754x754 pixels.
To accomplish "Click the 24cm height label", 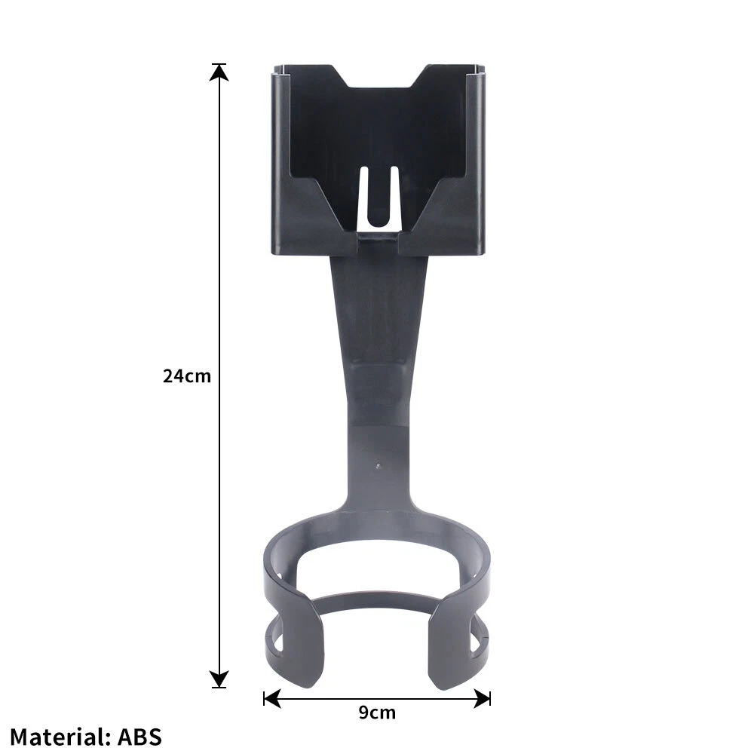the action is (186, 375).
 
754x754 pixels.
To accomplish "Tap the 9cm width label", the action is (377, 713).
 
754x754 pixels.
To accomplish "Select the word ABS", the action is (139, 737).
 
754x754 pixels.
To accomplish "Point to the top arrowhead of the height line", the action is (219, 72).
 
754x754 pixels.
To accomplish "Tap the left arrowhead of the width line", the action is (272, 698).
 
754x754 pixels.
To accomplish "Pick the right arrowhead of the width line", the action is (482, 698).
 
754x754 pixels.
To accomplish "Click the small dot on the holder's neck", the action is (379, 465).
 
